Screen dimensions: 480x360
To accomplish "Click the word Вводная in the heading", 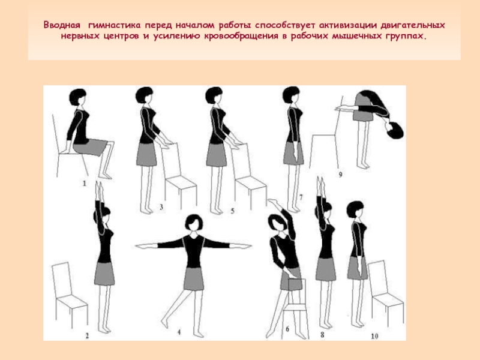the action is [x=62, y=25].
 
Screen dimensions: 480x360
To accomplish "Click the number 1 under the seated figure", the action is [x=85, y=184].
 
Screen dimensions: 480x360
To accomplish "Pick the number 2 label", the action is [x=87, y=335].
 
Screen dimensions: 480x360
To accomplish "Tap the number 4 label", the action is [x=179, y=332].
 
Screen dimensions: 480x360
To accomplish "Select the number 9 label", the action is [x=340, y=175].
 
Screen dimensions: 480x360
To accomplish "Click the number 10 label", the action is [x=374, y=336].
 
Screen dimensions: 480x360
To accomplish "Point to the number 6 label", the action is [x=287, y=329].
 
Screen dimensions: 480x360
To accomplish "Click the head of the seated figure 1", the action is [x=78, y=97].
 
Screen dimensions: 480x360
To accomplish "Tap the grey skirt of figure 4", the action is [x=193, y=279].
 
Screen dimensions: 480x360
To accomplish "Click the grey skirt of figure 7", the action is [x=293, y=153].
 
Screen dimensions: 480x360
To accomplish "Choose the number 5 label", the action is [x=232, y=211].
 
